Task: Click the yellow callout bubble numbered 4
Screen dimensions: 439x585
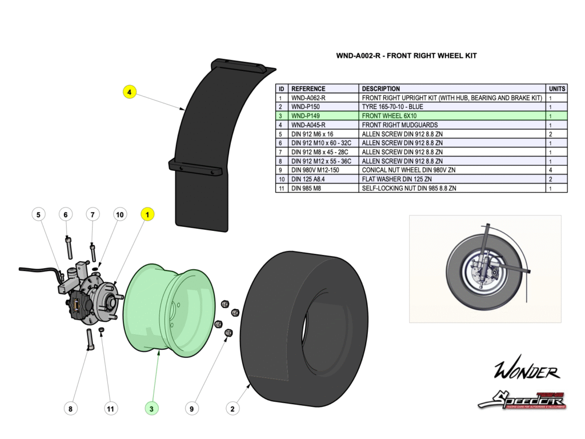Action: click(x=130, y=91)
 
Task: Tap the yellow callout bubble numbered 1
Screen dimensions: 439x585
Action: click(x=147, y=214)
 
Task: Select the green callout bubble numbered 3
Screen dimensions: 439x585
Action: click(x=151, y=408)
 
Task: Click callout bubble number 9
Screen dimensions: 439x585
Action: click(x=193, y=408)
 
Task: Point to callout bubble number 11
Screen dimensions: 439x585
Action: click(x=111, y=408)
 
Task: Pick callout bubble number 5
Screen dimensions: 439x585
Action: click(x=39, y=214)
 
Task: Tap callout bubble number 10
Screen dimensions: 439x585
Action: click(x=119, y=214)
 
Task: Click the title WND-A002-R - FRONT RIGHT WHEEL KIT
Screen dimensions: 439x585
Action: click(x=406, y=56)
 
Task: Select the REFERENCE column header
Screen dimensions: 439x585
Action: click(x=308, y=89)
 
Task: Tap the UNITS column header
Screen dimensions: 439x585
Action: click(x=557, y=89)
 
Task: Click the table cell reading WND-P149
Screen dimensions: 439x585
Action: click(x=304, y=116)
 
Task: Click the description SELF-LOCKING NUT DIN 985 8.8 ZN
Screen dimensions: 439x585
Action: click(x=409, y=188)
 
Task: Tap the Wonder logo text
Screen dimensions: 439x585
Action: click(x=526, y=372)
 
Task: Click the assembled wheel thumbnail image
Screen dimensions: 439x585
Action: click(x=485, y=269)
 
